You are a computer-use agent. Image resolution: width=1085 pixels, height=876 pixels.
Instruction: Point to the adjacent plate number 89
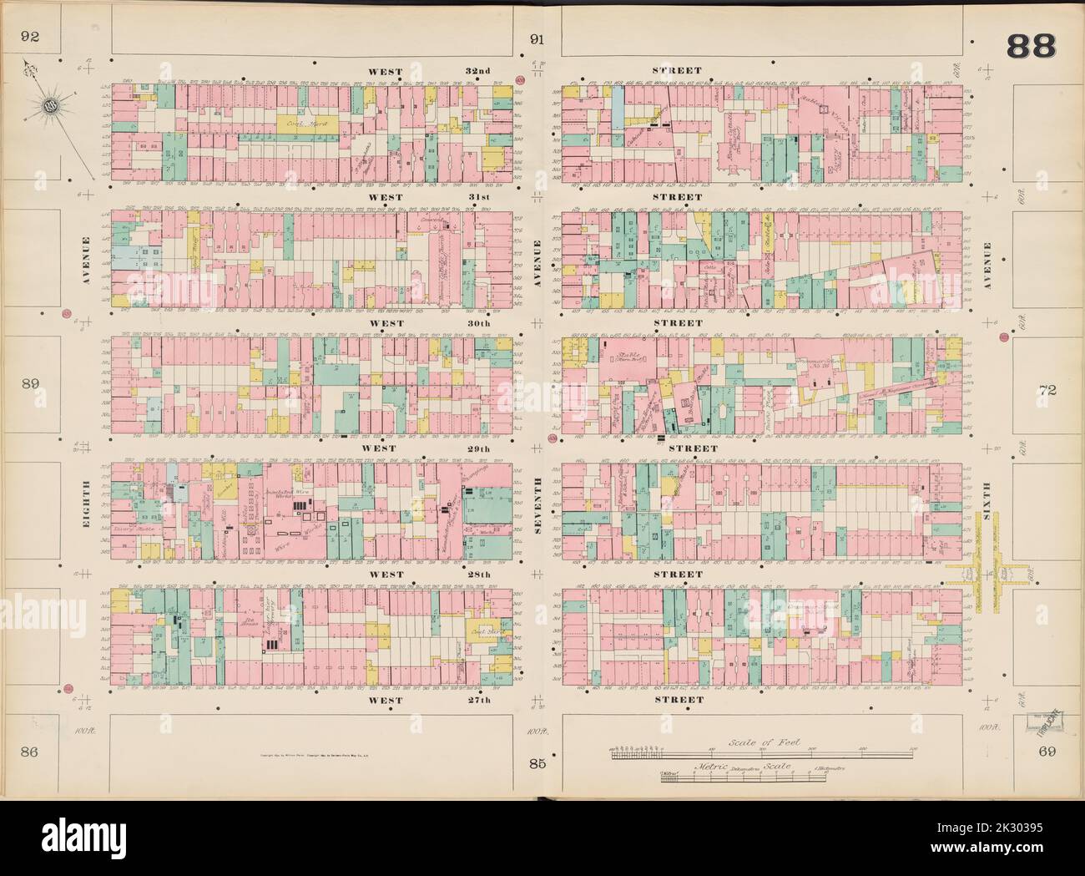click(31, 384)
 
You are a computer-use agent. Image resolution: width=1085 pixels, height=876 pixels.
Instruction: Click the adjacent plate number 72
click(1050, 389)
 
